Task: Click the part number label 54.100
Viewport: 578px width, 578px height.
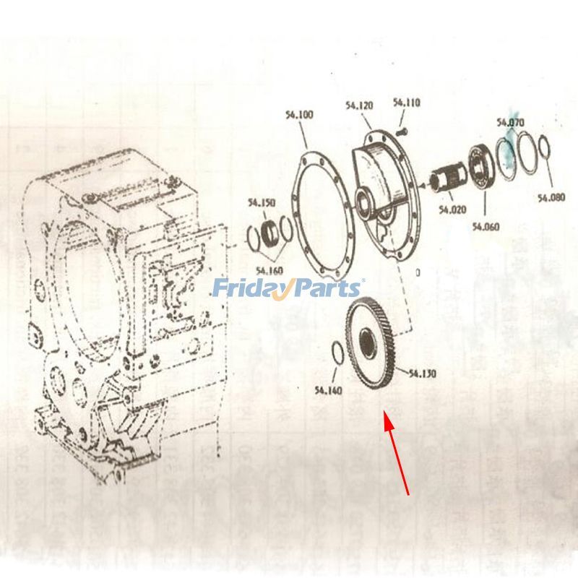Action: click(299, 115)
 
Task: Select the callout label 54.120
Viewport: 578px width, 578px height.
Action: click(359, 105)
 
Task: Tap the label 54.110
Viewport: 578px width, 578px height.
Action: click(407, 103)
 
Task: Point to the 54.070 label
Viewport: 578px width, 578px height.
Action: click(510, 123)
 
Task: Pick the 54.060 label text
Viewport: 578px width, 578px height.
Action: click(486, 226)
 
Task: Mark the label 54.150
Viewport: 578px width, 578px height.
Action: click(261, 203)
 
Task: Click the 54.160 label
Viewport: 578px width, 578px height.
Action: click(268, 271)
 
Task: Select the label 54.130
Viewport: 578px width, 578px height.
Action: click(423, 374)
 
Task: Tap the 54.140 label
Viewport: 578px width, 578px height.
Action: click(328, 391)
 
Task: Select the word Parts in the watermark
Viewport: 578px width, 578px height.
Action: click(325, 288)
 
